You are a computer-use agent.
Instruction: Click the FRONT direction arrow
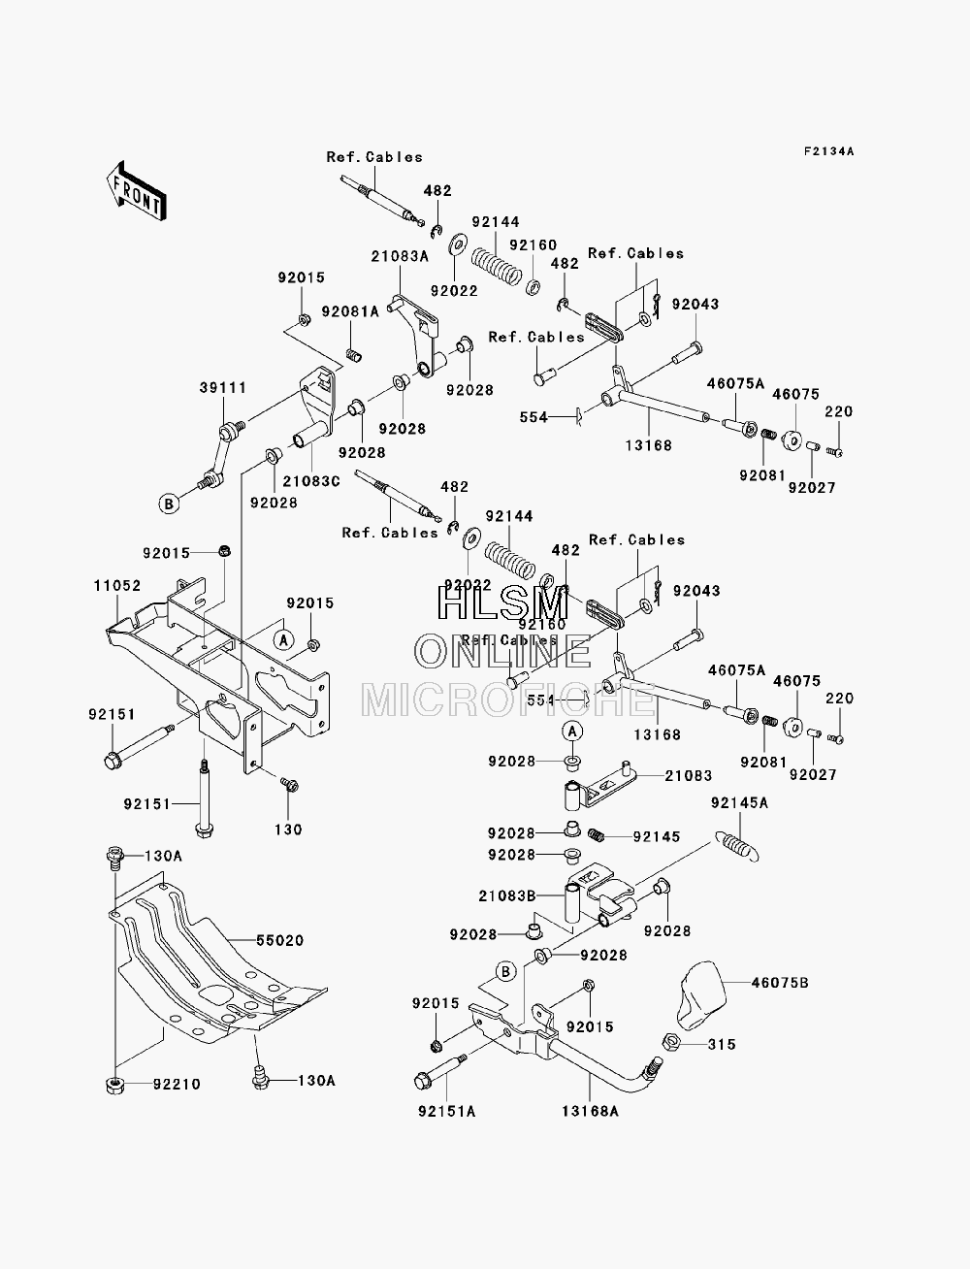click(x=137, y=191)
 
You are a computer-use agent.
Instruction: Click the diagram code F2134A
click(x=829, y=151)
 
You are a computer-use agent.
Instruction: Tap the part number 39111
click(x=223, y=387)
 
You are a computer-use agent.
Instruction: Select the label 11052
click(x=117, y=586)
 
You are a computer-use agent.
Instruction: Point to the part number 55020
click(x=279, y=941)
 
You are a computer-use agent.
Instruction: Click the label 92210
click(x=177, y=1084)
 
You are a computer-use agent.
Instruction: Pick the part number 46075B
click(x=781, y=982)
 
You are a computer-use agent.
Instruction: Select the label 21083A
click(x=400, y=256)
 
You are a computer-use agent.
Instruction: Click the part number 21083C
click(x=311, y=480)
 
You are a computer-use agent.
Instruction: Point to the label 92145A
click(x=739, y=802)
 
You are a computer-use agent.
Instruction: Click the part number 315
click(x=723, y=1044)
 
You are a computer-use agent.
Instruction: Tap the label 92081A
click(x=350, y=311)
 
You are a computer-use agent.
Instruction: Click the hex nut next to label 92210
click(x=115, y=1086)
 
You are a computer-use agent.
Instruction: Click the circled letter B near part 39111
click(x=169, y=504)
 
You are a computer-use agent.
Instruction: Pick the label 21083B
click(x=507, y=895)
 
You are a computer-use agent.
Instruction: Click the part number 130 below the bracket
click(x=288, y=830)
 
